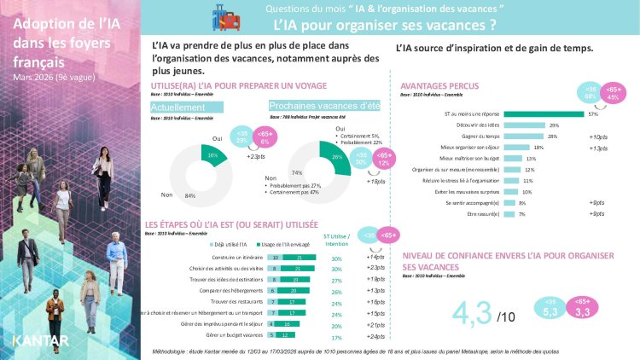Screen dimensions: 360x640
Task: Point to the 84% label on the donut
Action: click(x=189, y=195)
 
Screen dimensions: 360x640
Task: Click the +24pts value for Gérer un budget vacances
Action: click(x=374, y=335)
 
